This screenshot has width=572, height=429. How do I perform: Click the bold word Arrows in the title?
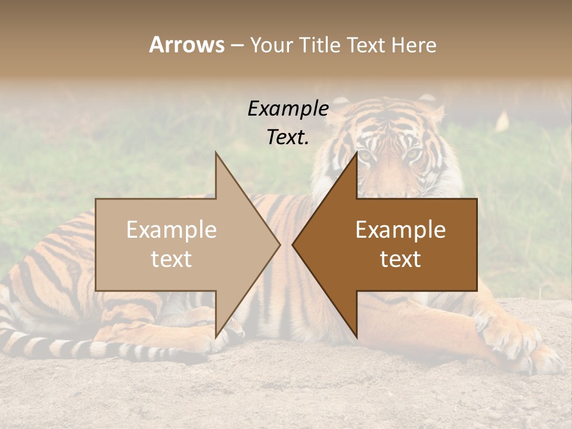click(x=186, y=45)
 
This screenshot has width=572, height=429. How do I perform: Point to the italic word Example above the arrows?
click(x=288, y=108)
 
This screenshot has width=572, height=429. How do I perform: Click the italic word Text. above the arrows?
click(x=288, y=137)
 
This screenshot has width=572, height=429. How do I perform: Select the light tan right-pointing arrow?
click(x=179, y=244)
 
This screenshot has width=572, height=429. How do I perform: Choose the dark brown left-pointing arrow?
click(x=405, y=244)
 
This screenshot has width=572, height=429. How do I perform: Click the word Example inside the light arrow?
click(x=172, y=230)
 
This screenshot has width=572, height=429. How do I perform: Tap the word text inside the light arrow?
click(x=172, y=259)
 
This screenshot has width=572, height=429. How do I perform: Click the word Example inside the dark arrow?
click(x=400, y=230)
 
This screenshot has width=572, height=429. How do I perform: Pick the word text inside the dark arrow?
click(x=400, y=259)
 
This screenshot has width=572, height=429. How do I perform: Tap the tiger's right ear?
click(x=430, y=104)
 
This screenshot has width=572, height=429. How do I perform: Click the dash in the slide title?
click(x=237, y=45)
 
